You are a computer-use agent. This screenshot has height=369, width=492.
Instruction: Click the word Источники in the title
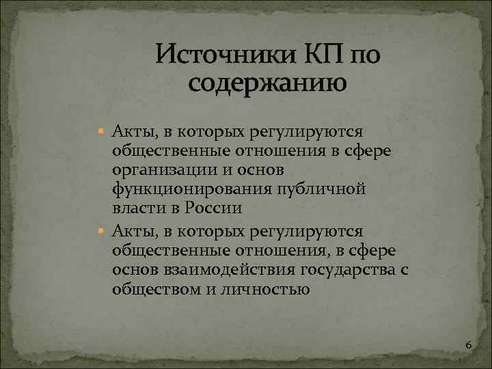coord(223,54)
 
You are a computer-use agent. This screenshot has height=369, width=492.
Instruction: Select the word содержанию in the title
coord(266,83)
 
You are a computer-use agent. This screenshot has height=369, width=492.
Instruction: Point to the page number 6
coord(468,345)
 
